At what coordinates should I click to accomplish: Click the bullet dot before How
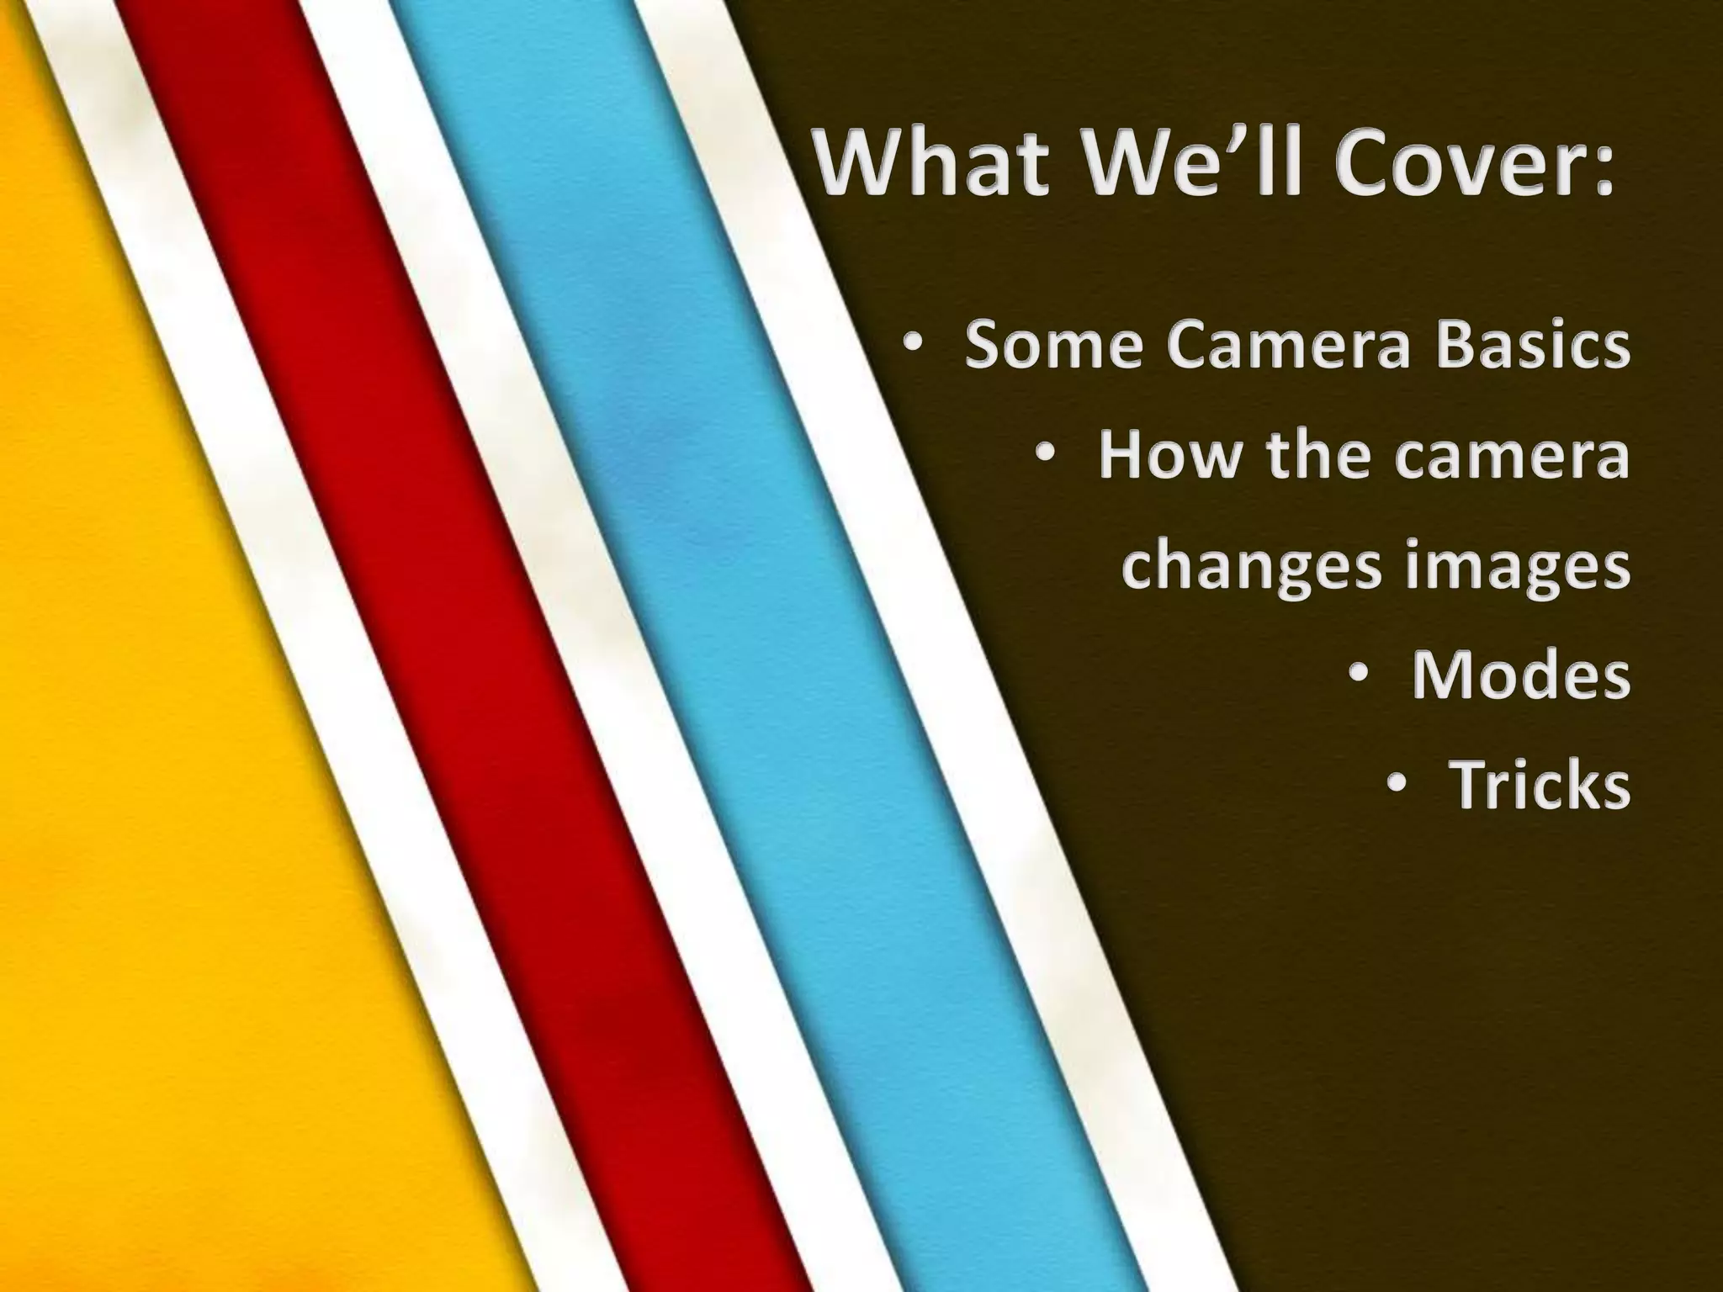click(x=1045, y=457)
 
